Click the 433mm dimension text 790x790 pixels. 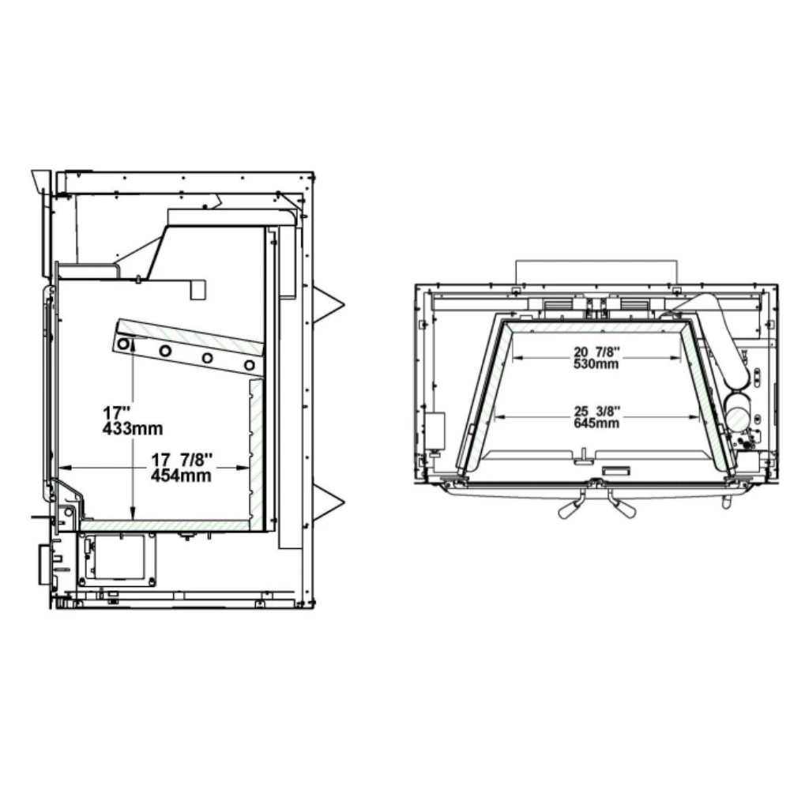133,429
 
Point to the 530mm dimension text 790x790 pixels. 597,363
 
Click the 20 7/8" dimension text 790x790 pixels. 597,351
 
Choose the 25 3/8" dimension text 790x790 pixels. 597,410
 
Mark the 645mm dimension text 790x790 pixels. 597,423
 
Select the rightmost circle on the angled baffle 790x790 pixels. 250,365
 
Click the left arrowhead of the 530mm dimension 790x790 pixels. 517,356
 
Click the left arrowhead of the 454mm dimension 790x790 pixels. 65,467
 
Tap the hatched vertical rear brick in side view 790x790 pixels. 256,450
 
